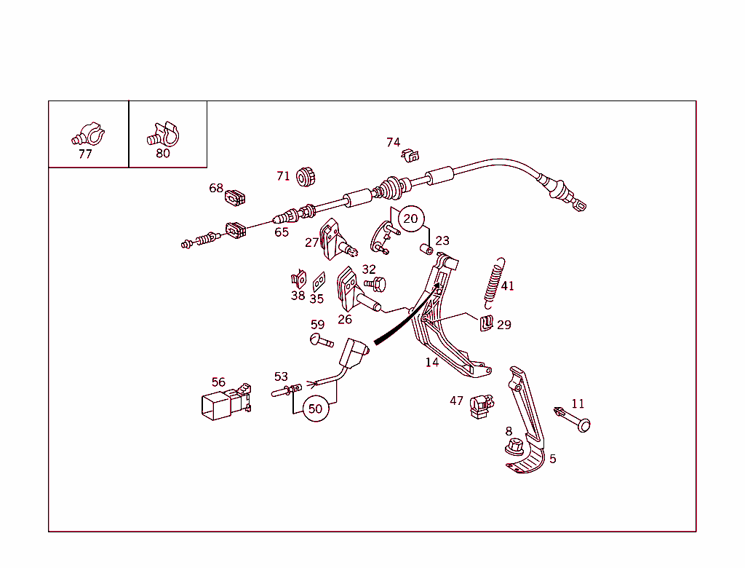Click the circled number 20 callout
point(410,219)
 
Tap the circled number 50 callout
point(316,409)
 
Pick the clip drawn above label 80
point(163,134)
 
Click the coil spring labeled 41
point(495,283)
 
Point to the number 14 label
point(432,363)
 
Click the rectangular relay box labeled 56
point(226,402)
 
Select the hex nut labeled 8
point(514,447)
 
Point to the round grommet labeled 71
point(306,177)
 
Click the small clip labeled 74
point(410,155)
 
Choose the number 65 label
point(282,232)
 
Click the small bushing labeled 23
point(426,249)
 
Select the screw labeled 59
point(321,341)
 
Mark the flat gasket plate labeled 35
point(319,282)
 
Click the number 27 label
point(311,242)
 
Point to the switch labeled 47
point(482,407)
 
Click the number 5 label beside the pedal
point(553,459)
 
